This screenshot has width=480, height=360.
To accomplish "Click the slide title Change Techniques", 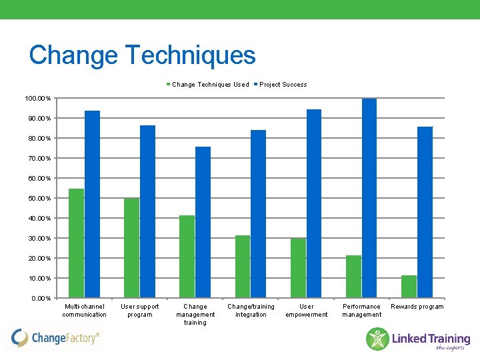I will point(142,55).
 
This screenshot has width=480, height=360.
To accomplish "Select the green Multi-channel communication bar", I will point(76,243).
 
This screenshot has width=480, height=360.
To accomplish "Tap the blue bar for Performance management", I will point(369,198).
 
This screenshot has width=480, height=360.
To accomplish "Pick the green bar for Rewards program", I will point(409,287).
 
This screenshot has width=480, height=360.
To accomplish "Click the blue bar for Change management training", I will point(203,222).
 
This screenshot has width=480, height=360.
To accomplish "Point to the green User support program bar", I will point(131,248).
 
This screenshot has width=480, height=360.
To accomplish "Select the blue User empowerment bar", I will point(313,203).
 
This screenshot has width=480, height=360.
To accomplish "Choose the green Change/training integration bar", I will point(243,267).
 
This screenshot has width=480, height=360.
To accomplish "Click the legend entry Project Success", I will point(283,85).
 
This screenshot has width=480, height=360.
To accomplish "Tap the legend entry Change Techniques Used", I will point(210,85).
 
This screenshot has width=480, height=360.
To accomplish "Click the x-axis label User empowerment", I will point(307,311).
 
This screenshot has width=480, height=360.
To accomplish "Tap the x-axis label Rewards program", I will point(417,307).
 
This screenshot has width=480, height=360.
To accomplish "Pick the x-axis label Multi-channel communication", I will point(85,311).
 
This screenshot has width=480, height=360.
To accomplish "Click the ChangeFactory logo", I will point(56,338).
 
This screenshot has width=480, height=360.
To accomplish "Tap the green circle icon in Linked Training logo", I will point(377,339).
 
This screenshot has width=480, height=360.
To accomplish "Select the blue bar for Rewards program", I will point(425,212).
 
